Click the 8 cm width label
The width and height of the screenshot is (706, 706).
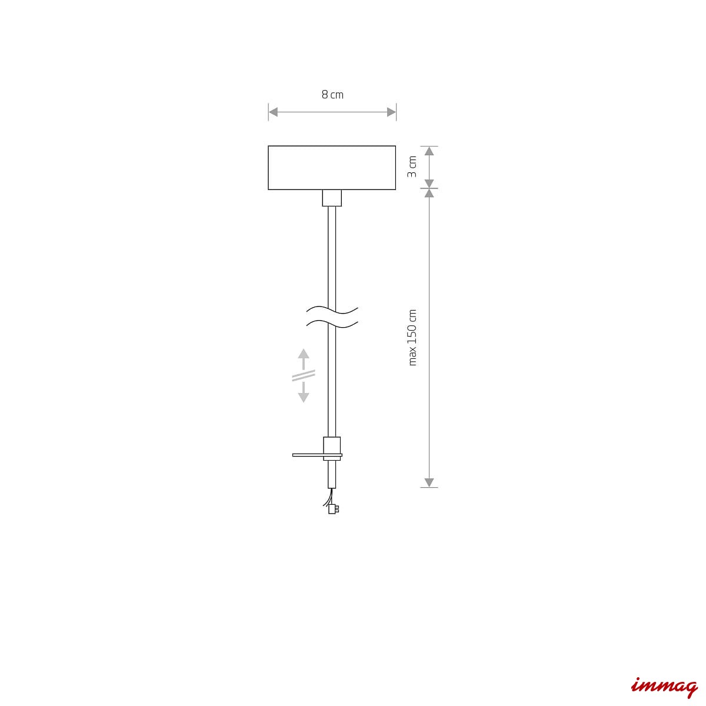click(x=332, y=95)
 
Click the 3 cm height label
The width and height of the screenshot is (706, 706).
click(x=412, y=166)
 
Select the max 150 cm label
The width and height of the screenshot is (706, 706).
click(x=412, y=338)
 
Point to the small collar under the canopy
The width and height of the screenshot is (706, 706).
click(x=332, y=198)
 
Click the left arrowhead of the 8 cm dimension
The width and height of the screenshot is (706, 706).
click(x=274, y=112)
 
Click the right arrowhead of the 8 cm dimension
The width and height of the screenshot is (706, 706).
click(x=391, y=112)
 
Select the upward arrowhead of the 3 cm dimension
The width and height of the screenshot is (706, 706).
click(x=429, y=151)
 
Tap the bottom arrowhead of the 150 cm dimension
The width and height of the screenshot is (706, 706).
click(x=429, y=482)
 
